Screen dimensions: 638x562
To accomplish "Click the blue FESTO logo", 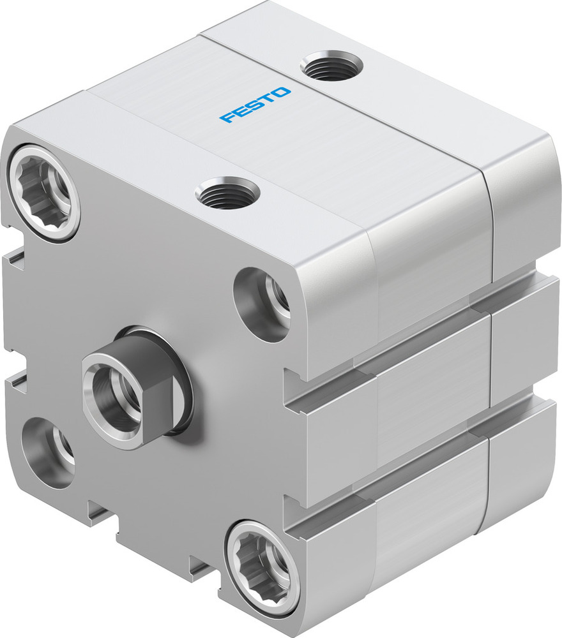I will (x=255, y=105).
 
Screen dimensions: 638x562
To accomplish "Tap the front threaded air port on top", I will (x=227, y=193).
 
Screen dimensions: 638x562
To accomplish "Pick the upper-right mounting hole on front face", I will (x=263, y=302).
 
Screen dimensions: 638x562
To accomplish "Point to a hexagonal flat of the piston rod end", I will (x=156, y=408).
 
